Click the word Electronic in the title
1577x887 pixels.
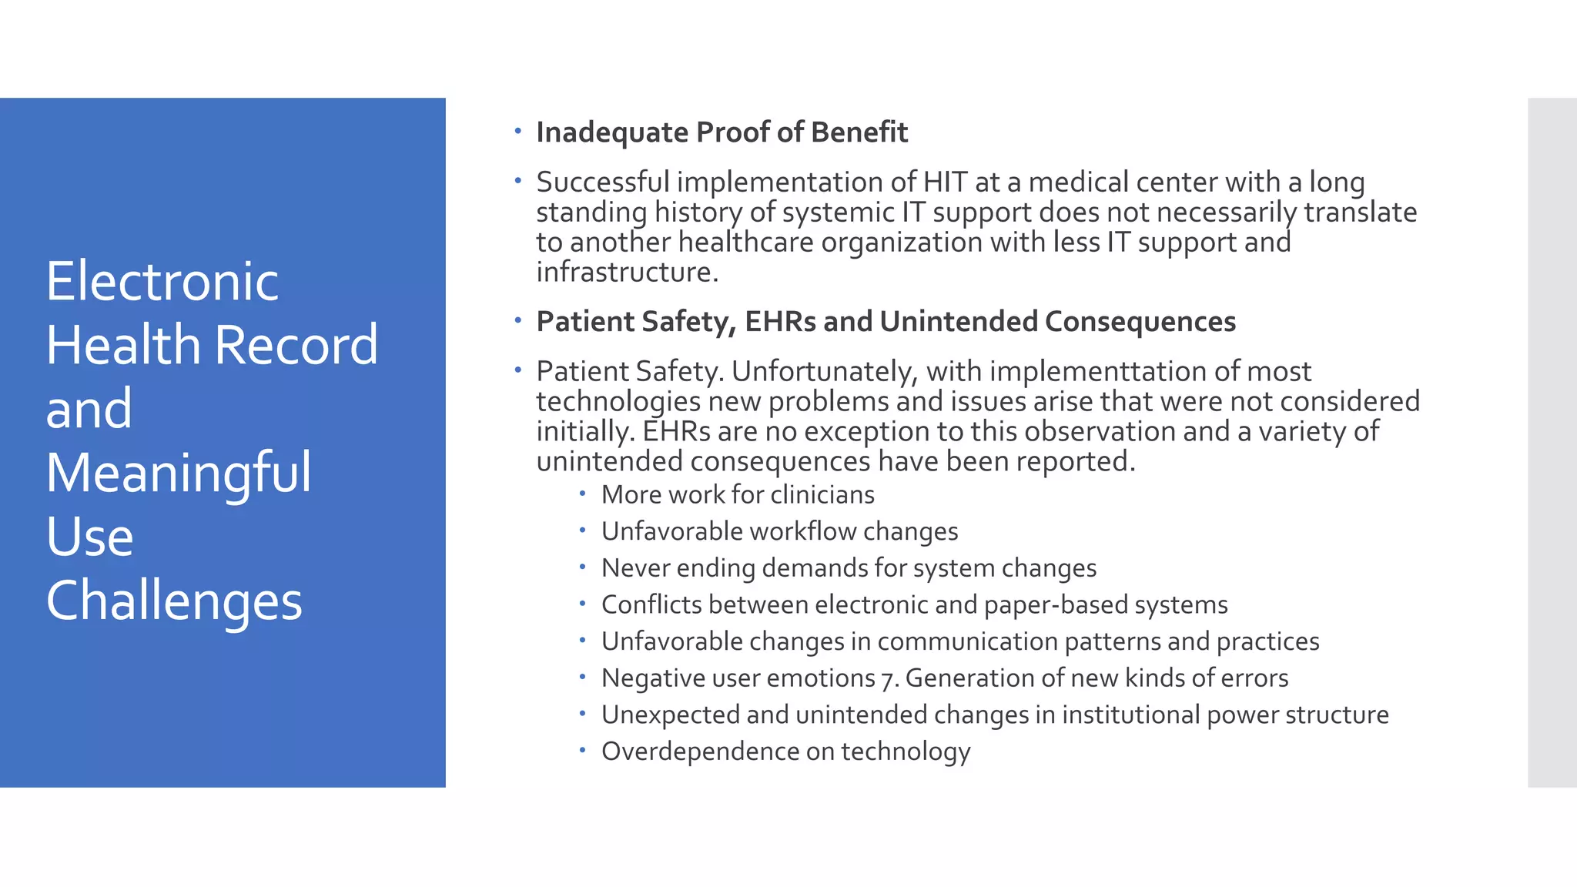[162, 281]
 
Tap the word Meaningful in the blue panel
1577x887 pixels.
[179, 472]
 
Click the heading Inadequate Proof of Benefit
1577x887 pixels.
[722, 132]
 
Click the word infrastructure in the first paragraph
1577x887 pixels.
[627, 272]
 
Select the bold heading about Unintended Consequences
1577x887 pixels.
[886, 322]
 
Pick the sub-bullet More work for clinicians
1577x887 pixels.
[738, 494]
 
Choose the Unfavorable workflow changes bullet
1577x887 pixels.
[779, 531]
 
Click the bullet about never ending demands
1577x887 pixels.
[849, 568]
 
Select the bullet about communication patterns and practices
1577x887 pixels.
[959, 641]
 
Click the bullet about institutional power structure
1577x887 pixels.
[995, 715]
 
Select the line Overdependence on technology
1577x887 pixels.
[785, 751]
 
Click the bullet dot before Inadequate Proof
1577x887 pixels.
[518, 131]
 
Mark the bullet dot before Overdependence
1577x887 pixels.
[583, 749]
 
